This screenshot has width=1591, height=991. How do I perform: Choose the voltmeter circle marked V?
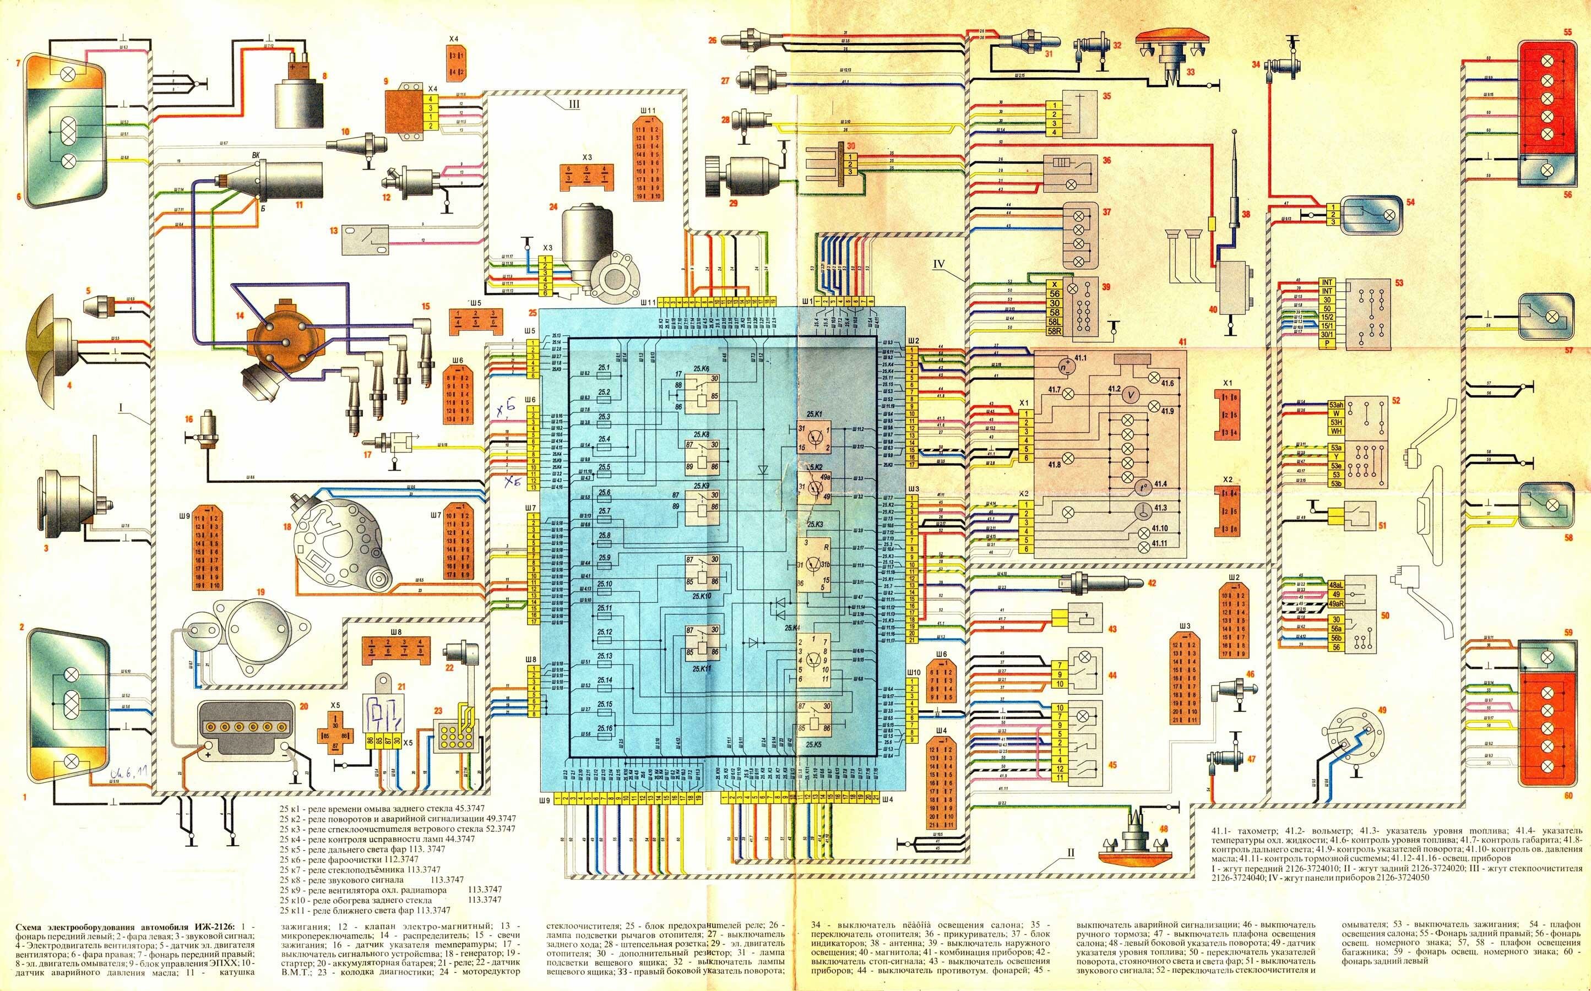tap(1130, 396)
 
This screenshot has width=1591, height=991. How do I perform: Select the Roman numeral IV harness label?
tap(940, 265)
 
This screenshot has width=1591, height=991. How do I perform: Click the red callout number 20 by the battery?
tap(303, 706)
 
